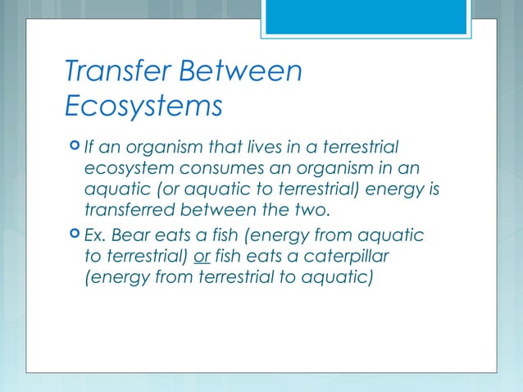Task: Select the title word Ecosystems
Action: pos(143,106)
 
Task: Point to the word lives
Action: pos(258,148)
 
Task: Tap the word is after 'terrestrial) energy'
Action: pos(433,190)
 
